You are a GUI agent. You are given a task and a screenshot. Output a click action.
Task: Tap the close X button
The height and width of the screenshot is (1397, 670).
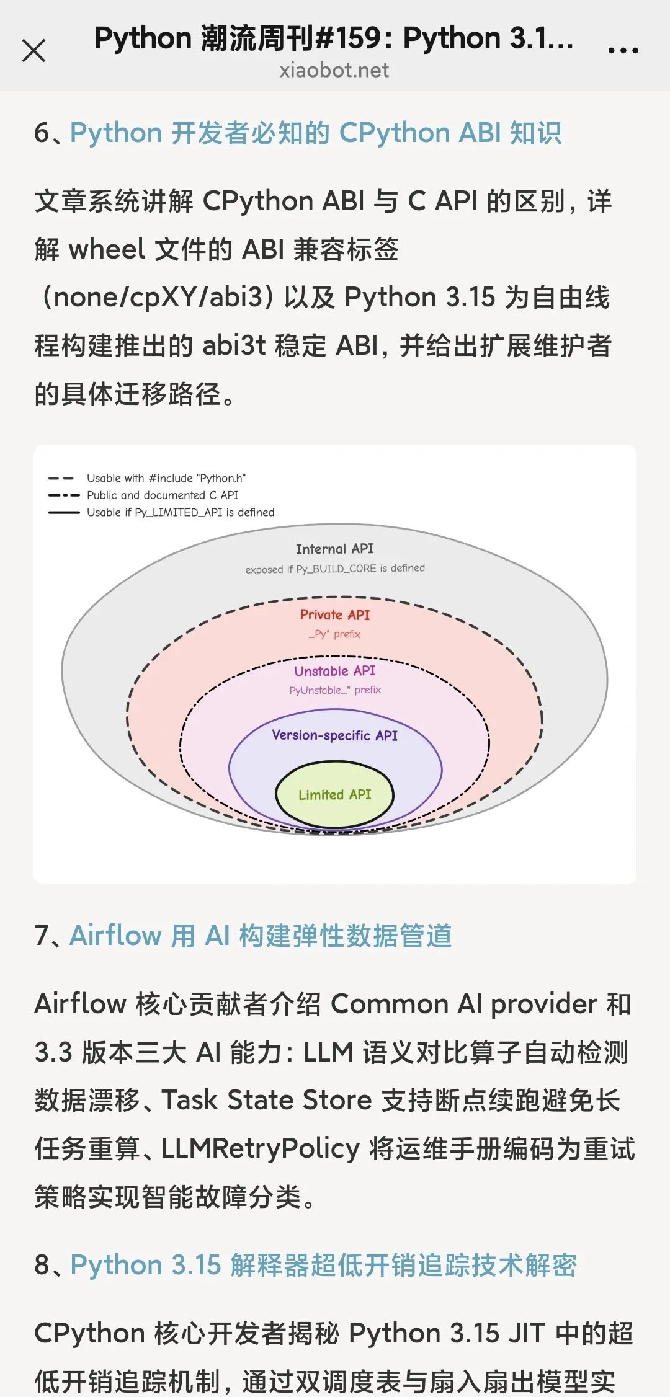[33, 51]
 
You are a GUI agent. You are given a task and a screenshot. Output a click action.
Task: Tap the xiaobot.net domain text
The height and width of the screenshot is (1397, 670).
[334, 70]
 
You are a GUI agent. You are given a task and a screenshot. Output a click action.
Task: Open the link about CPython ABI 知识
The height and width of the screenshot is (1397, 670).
[316, 133]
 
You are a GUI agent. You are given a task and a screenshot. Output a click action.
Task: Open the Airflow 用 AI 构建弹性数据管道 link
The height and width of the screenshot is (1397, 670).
[261, 936]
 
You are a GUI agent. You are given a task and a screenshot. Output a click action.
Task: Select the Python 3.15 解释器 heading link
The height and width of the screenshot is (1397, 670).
[323, 1265]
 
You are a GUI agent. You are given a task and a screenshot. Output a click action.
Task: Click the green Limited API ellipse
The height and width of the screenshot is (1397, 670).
[334, 795]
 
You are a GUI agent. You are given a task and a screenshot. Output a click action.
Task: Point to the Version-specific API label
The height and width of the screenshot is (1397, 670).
[334, 735]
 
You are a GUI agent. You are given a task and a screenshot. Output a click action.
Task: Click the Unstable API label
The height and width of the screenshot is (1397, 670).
[334, 671]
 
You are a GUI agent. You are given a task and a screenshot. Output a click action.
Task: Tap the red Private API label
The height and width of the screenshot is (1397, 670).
[334, 614]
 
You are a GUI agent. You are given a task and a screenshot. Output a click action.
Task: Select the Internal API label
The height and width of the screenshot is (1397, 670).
[334, 549]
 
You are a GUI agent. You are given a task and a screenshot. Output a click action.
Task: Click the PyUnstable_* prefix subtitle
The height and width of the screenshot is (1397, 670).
[335, 690]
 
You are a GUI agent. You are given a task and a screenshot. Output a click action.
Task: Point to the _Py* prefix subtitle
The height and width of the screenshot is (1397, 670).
[334, 634]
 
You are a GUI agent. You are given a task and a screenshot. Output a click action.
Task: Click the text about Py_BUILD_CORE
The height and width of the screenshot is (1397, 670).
[335, 569]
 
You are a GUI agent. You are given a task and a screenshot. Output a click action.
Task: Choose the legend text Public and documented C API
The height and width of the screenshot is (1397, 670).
[163, 495]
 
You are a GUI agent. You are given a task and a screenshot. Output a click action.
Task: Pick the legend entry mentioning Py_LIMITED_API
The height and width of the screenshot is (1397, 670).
[181, 512]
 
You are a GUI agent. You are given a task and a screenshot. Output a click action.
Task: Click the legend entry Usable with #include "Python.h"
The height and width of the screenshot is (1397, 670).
[166, 478]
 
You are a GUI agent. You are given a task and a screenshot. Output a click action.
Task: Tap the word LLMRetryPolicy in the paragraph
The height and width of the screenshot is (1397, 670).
[261, 1148]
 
